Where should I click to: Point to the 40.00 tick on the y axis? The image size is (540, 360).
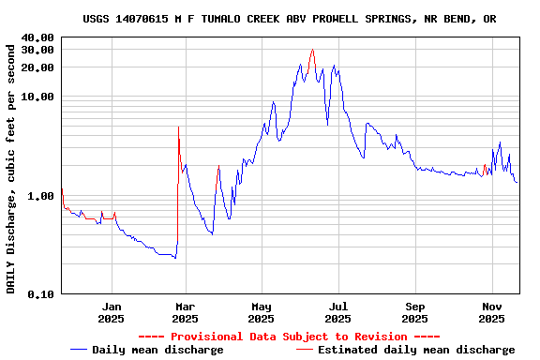(x=37, y=37)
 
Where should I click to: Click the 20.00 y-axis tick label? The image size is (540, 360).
(x=37, y=67)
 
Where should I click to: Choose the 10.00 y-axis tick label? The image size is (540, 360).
(x=37, y=97)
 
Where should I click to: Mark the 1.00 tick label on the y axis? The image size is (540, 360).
(x=40, y=196)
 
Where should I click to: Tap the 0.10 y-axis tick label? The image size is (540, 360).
(x=40, y=294)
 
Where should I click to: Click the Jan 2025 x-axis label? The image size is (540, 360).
(x=112, y=312)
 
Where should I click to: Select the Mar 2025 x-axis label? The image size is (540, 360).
(x=185, y=312)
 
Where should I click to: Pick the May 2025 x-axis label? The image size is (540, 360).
(x=262, y=312)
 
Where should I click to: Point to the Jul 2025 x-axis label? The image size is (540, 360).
(x=338, y=312)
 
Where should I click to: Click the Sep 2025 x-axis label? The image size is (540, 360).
(x=415, y=312)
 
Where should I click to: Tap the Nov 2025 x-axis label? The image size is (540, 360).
(x=492, y=312)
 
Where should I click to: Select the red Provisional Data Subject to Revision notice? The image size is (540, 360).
(x=289, y=337)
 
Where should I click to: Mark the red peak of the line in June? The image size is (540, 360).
(x=312, y=50)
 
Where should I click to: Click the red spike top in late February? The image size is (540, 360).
(x=178, y=127)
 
